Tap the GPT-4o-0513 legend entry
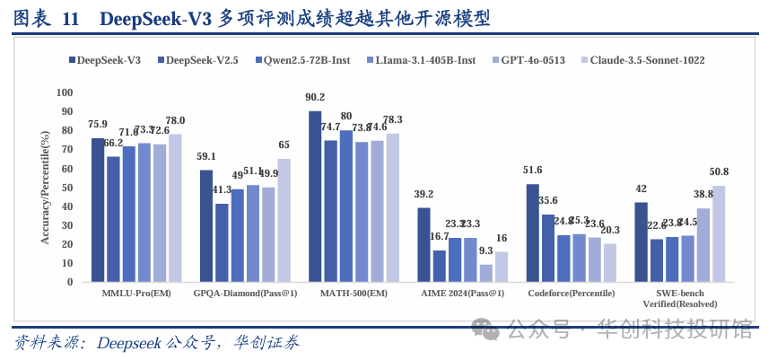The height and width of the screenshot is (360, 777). pos(532,60)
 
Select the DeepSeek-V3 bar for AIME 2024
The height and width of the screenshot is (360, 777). pos(424,244)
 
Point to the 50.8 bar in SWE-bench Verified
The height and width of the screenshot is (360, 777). pos(719,233)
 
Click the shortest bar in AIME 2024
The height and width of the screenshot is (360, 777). pos(486,273)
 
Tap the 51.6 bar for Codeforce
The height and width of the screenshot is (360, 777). pos(533,233)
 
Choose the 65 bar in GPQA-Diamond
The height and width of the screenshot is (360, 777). pos(284,220)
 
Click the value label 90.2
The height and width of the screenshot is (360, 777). pos(315,98)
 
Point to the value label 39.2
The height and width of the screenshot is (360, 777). pos(424,195)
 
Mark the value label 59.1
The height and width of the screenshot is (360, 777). pos(206,157)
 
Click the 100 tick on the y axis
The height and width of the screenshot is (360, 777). pos(63,92)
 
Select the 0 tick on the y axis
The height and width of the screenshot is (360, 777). pos(68,282)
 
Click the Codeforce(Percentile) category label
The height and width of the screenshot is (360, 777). pos(572,293)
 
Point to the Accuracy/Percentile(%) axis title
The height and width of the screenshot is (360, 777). pos(44,187)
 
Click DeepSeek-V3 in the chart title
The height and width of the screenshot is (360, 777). pos(156,18)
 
